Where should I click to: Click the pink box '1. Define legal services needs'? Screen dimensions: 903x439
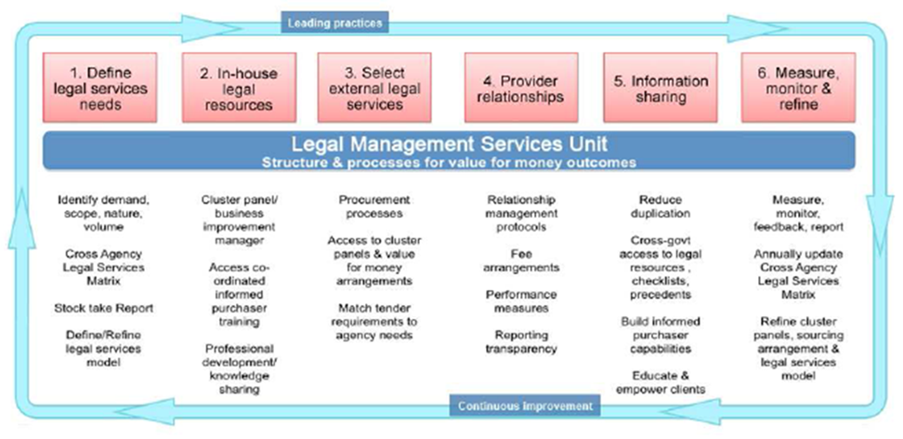point(99,87)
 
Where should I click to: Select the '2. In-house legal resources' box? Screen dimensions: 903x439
point(239,87)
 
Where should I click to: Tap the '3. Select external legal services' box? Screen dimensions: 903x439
point(374,87)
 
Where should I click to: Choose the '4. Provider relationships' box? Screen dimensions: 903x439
point(521,87)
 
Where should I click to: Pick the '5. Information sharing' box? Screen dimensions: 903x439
point(660,87)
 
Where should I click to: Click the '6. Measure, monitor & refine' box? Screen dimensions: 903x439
point(798,87)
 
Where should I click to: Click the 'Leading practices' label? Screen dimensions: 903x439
point(334,23)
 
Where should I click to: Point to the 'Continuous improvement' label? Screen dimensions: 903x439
point(525,406)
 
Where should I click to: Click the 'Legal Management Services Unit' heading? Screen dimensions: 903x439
point(449,144)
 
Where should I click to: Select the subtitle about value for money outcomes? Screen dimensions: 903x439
point(449,163)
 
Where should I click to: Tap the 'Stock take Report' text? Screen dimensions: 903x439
point(104,308)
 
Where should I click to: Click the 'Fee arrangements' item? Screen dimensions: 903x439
point(521,260)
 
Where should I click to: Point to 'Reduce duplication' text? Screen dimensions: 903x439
point(660,206)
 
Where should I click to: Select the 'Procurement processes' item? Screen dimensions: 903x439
point(373,206)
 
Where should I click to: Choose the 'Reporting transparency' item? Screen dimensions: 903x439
point(521,341)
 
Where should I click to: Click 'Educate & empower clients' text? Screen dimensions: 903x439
point(660,382)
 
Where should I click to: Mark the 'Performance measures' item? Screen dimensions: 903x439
point(521,301)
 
